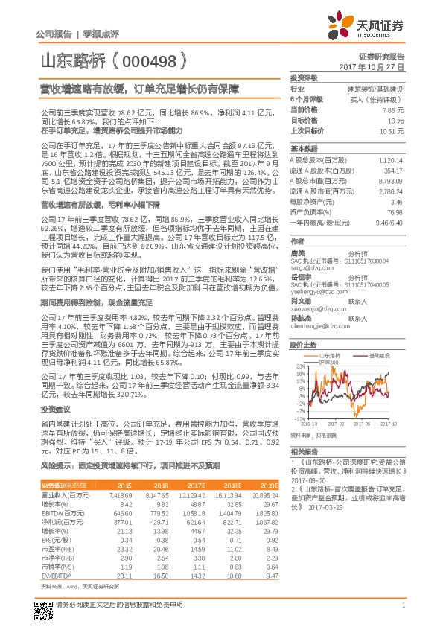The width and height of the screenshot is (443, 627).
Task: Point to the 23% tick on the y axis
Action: coord(295,366)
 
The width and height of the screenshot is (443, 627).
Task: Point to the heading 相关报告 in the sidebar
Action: coord(304,452)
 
